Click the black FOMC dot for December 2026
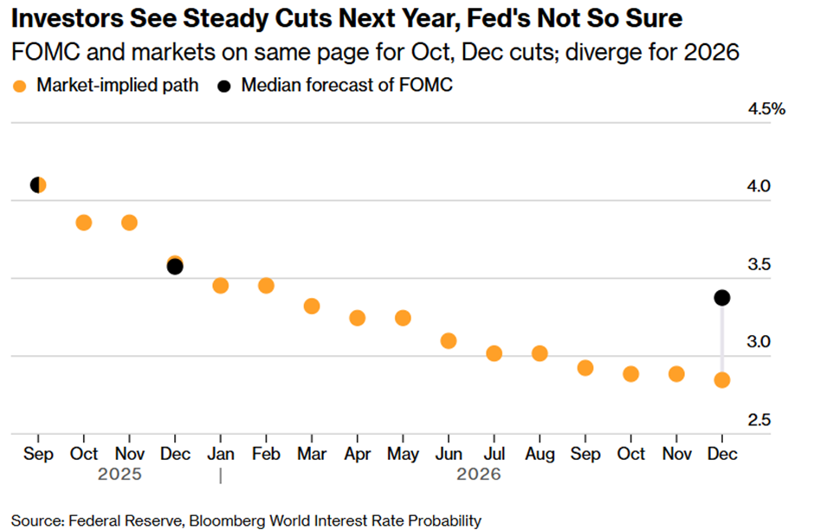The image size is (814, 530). pos(721,298)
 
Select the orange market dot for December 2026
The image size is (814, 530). pos(721,379)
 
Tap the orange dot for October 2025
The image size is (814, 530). pos(84,223)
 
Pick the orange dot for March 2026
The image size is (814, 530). pos(312,306)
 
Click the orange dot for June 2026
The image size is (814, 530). pos(449,340)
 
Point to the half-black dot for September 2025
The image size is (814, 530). pos(38,184)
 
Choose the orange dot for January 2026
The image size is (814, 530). pos(221,286)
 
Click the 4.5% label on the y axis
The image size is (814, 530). pos(767,109)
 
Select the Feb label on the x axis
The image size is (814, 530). pos(266,454)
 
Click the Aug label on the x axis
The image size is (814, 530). pos(539,454)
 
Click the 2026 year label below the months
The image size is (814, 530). pos(480,475)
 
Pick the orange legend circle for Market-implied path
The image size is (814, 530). pos(20,86)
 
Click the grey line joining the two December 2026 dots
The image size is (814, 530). pos(721,339)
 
